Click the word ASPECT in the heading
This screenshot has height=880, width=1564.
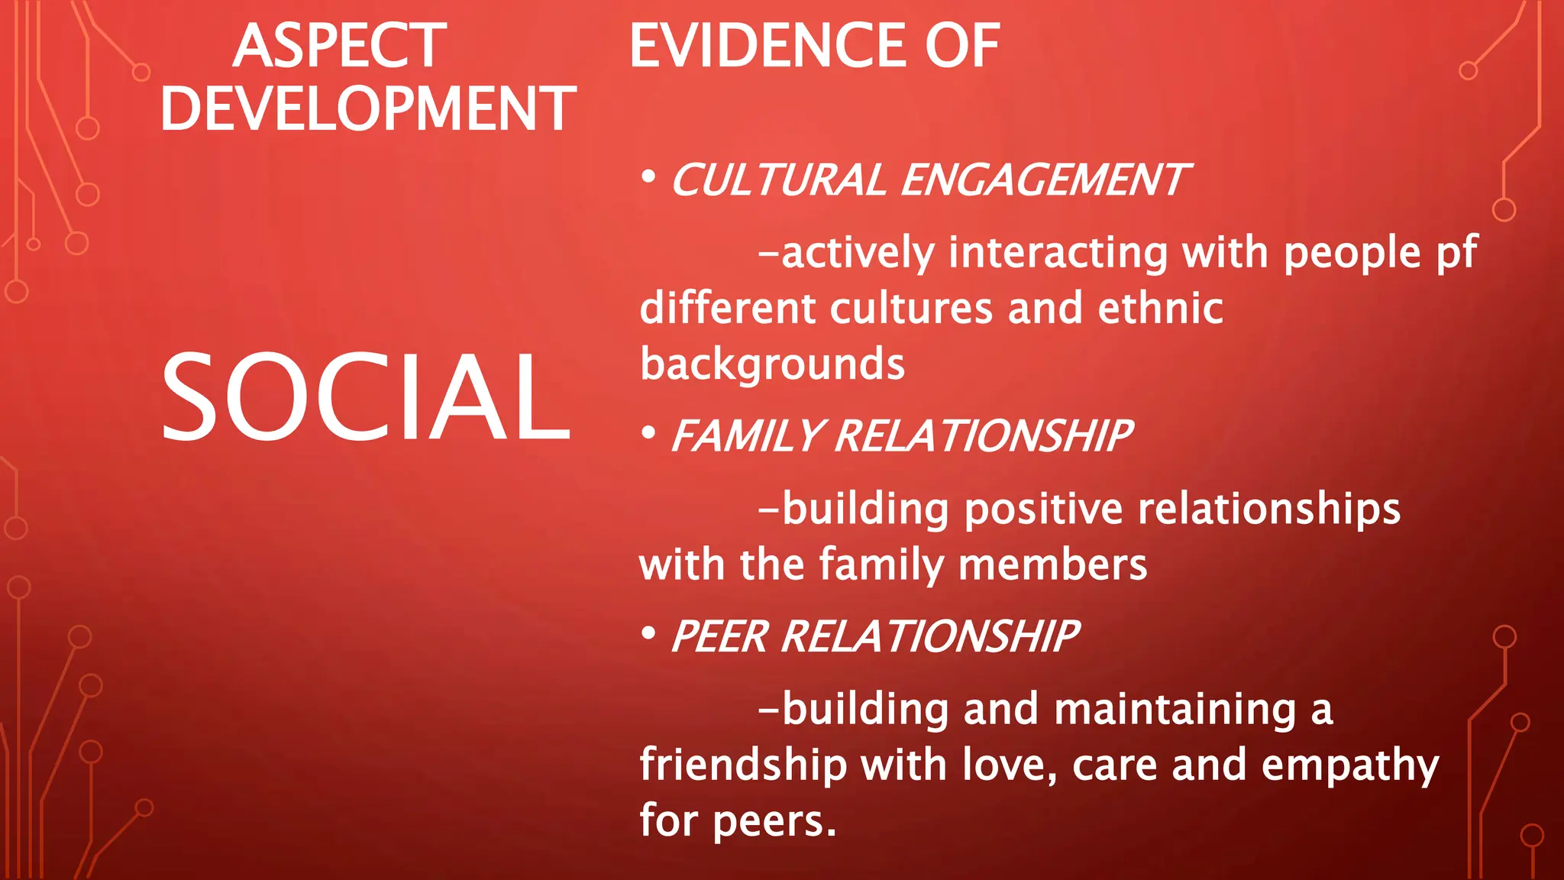point(339,47)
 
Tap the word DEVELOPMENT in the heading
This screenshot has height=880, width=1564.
point(368,109)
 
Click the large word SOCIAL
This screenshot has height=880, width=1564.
point(366,397)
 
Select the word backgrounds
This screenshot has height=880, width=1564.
point(772,364)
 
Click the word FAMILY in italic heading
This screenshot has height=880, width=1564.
point(746,436)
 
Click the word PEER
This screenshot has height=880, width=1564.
point(719,637)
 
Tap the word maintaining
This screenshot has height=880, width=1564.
point(1175,710)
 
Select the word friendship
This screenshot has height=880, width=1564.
point(743,765)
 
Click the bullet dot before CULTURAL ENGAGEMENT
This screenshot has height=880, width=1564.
point(648,177)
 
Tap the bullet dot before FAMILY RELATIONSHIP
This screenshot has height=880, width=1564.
point(648,433)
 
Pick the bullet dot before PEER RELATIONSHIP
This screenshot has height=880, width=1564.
point(648,633)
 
